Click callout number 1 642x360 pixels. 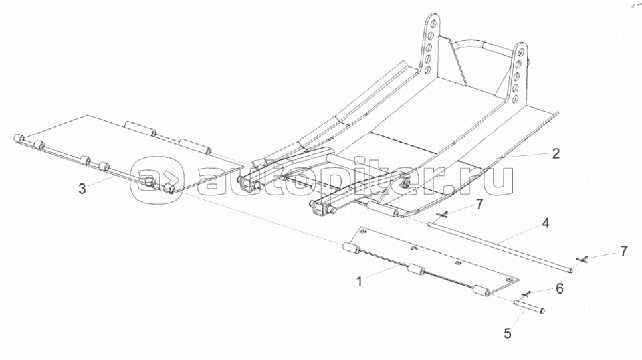[360, 281]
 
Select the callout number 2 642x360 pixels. [556, 153]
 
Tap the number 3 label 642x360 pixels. [82, 189]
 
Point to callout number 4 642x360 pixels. [545, 224]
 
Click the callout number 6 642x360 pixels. [559, 288]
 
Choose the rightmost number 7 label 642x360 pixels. [623, 251]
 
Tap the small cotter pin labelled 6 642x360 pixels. [526, 294]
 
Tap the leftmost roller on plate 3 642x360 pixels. [19, 139]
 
